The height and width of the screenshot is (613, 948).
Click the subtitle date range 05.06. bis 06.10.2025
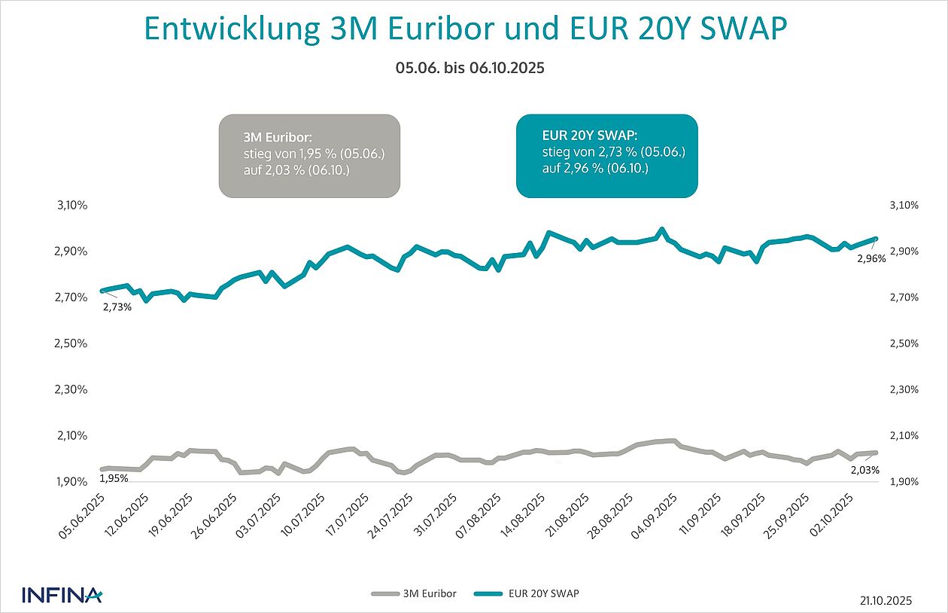469,68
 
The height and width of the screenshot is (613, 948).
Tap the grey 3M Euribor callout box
309,156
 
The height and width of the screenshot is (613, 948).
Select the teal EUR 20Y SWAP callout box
606,156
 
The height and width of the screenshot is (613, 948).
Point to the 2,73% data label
117,306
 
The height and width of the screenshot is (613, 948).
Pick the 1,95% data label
114,478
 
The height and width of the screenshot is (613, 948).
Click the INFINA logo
62,595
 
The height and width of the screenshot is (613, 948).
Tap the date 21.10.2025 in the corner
886,600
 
